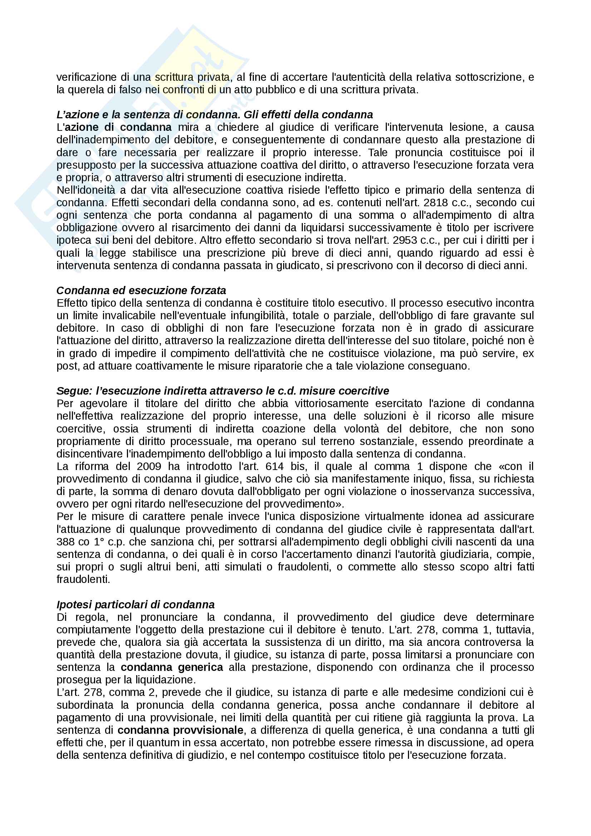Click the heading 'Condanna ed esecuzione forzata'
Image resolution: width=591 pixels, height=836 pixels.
(141, 290)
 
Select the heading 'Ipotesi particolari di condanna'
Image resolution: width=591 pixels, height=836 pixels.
(136, 604)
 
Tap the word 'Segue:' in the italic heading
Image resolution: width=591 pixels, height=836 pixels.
(74, 391)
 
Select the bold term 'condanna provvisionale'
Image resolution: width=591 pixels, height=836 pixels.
(180, 730)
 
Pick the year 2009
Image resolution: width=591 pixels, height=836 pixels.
(149, 466)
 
